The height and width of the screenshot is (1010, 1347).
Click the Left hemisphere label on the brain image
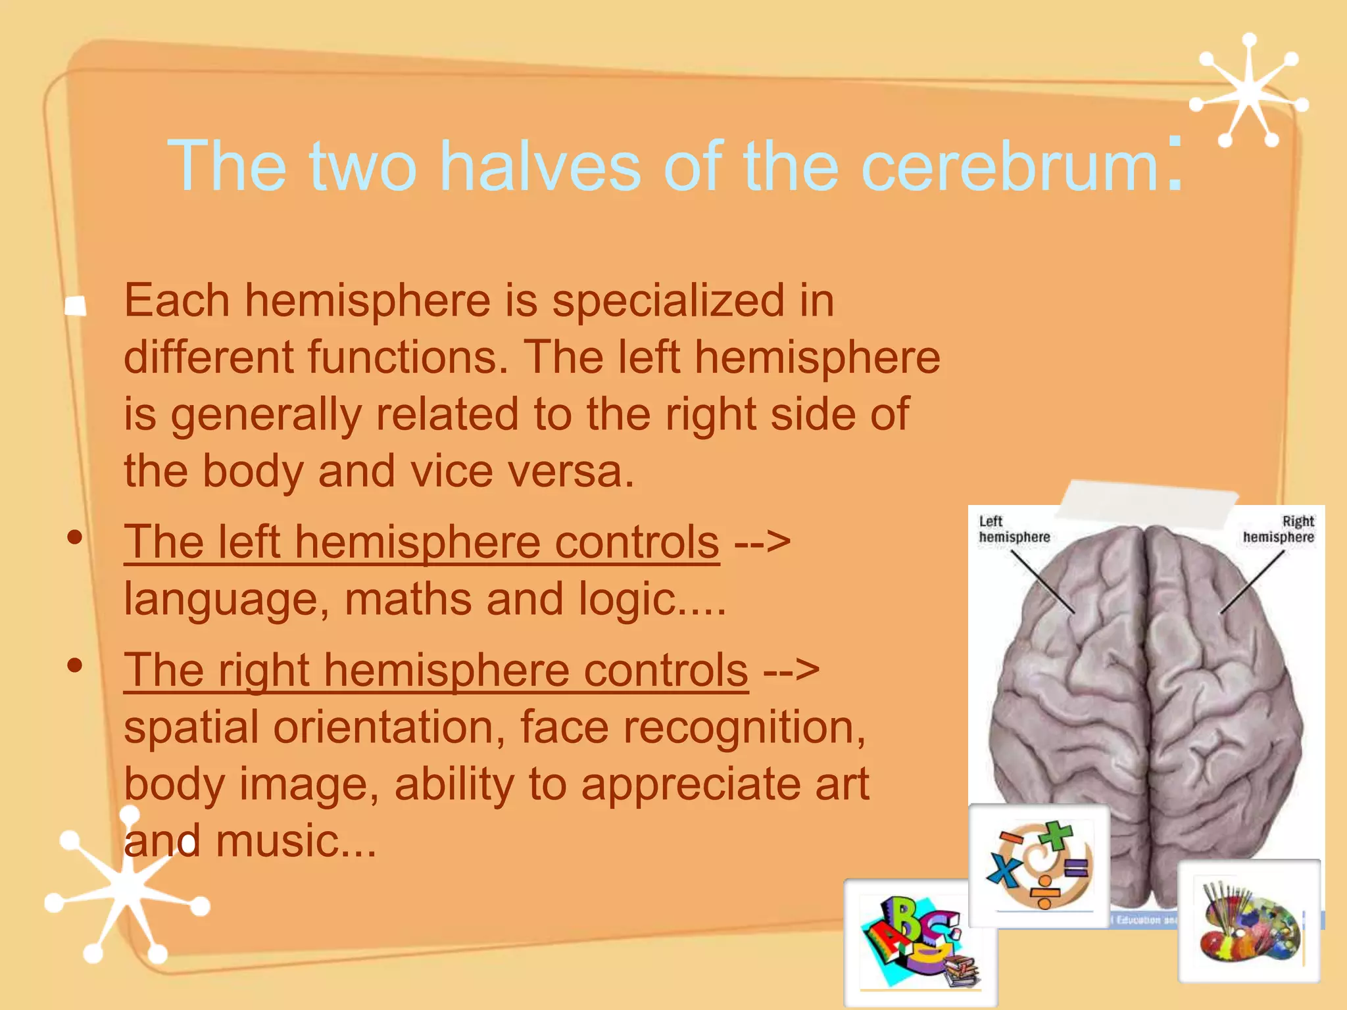(1014, 529)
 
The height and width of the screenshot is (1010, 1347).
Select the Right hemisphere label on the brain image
(1279, 529)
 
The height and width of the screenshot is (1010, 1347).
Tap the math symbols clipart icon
(1039, 865)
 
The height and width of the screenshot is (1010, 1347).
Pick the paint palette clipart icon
(1248, 921)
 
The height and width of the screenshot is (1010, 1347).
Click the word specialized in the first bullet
(668, 301)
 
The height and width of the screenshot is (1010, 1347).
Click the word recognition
(743, 727)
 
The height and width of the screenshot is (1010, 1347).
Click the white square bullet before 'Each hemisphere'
(76, 305)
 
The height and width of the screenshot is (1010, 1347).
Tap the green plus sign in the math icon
(1056, 836)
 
